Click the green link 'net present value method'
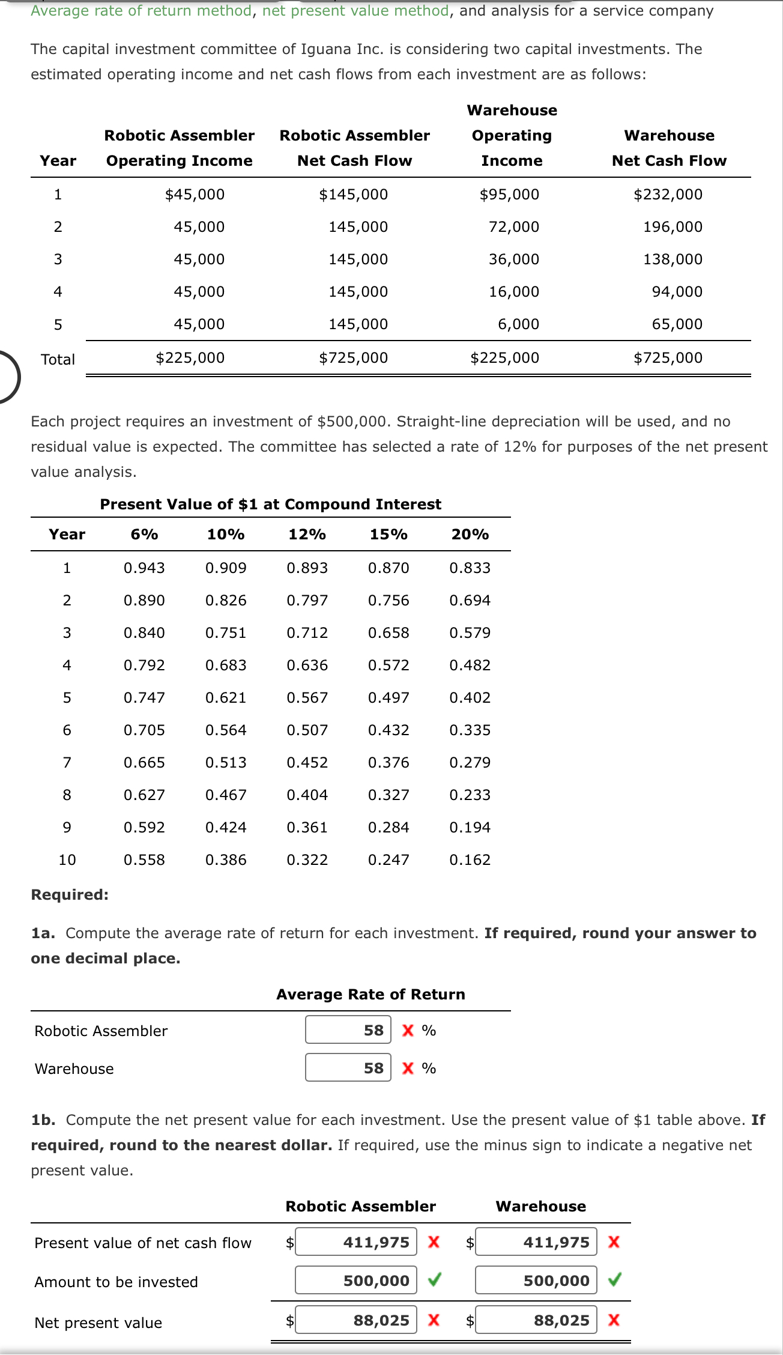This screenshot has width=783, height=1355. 355,11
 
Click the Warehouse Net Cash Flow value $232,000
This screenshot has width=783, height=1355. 668,195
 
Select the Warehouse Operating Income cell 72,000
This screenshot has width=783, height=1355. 513,227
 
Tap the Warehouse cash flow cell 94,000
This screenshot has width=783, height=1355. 677,292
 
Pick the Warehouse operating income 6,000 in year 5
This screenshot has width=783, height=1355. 518,324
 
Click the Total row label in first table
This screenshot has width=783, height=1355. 58,360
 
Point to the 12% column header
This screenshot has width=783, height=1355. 307,535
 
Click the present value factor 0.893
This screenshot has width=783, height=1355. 307,568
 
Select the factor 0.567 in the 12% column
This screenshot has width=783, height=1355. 307,698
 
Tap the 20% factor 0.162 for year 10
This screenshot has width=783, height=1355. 470,860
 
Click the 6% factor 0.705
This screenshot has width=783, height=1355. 144,730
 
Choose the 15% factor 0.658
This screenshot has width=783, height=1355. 388,633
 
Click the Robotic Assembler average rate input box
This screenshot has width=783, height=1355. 348,1030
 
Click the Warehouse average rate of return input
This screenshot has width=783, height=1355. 348,1068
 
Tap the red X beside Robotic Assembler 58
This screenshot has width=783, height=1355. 408,1031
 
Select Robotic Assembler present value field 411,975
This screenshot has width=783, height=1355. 356,1242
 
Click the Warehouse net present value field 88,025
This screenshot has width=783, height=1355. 536,1320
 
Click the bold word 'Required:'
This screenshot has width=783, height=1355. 70,895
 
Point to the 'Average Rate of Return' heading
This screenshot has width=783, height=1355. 370,995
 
